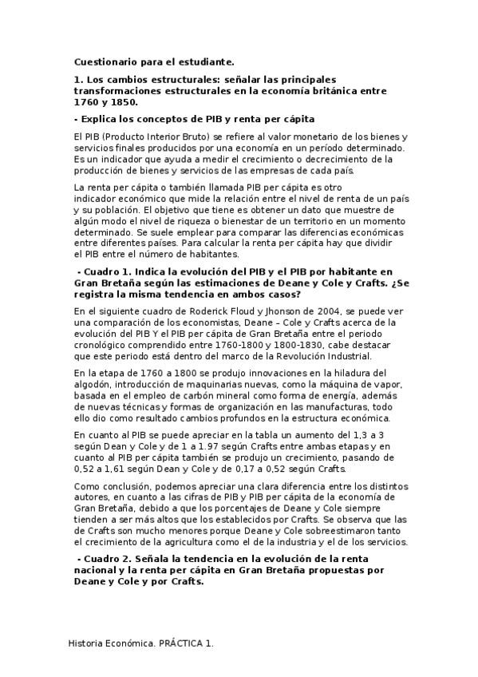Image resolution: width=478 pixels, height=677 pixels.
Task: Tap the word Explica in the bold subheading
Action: [x=100, y=119]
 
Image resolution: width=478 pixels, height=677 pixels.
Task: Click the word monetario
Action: [x=302, y=137]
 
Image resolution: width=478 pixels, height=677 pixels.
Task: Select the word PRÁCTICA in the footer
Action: [x=178, y=643]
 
